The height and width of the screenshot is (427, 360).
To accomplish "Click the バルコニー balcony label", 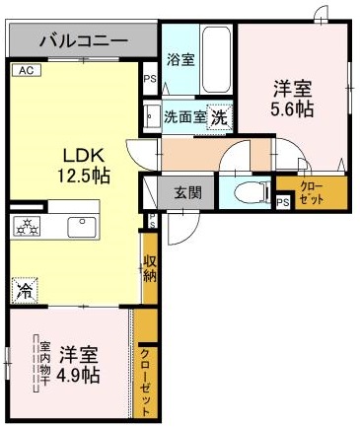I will [83, 41].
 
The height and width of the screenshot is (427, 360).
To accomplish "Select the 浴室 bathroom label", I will [180, 59].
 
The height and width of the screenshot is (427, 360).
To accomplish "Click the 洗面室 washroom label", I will [184, 115].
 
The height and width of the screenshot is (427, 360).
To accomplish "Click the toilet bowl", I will [243, 190].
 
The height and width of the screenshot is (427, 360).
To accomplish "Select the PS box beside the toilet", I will [283, 203].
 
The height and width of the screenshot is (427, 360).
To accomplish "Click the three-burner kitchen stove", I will [25, 227].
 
